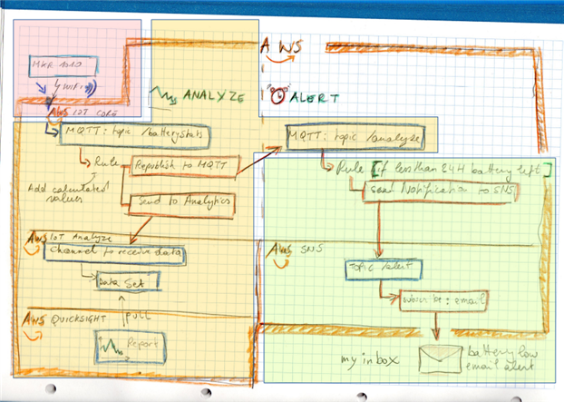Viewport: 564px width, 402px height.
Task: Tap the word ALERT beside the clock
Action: (314, 97)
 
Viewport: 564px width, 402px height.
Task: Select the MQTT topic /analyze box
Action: (355, 137)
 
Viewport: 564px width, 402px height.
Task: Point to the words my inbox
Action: (369, 361)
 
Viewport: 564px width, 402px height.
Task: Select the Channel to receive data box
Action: (114, 251)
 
